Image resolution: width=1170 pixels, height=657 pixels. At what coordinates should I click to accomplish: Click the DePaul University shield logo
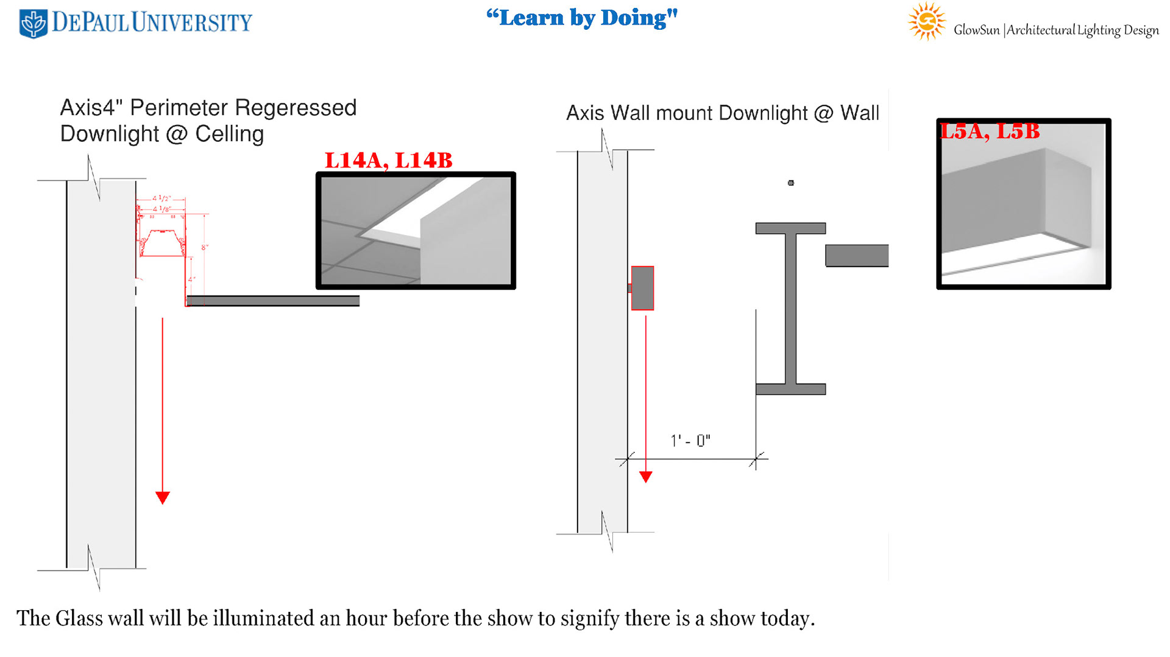click(x=33, y=24)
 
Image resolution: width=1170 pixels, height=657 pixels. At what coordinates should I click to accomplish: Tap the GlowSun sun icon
click(x=926, y=21)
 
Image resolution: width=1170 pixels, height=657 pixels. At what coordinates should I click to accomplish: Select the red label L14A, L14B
click(x=388, y=161)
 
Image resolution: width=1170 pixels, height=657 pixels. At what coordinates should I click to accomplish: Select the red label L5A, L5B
click(x=990, y=132)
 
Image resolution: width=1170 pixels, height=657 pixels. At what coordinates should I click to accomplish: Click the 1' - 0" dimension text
click(x=690, y=440)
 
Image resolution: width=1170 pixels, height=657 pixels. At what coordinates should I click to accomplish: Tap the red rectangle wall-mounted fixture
click(x=642, y=288)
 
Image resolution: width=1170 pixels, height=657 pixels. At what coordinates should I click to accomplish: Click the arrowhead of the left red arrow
click(x=163, y=497)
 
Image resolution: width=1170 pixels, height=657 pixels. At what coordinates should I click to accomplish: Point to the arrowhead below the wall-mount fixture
click(x=646, y=477)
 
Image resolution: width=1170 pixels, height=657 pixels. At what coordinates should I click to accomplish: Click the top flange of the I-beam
click(x=790, y=228)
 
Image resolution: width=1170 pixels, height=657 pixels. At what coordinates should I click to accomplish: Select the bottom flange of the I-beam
click(x=790, y=389)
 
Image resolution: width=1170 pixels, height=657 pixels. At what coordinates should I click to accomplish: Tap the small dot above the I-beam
click(x=791, y=183)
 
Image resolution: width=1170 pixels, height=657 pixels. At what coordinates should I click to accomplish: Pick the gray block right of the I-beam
click(x=857, y=256)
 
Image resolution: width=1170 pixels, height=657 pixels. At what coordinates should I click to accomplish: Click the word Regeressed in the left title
click(x=296, y=108)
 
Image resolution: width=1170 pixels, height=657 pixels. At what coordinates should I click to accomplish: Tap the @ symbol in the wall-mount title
click(x=823, y=113)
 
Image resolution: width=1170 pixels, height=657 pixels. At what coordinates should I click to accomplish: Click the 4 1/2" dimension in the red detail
click(x=161, y=199)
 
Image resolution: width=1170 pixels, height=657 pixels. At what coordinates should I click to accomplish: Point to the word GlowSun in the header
click(x=976, y=30)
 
